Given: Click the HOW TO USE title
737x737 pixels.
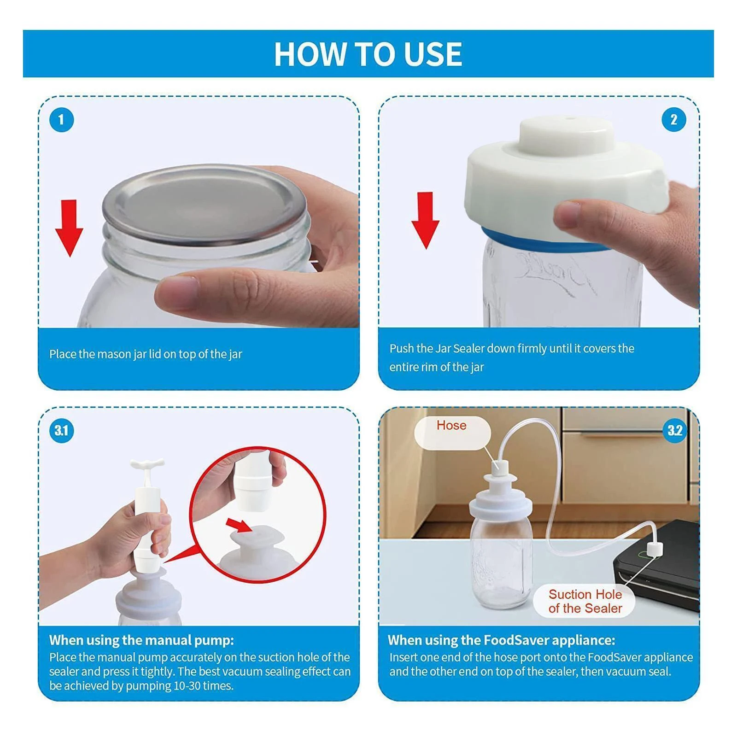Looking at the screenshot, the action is point(368,54).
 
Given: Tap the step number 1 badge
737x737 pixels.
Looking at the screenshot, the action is point(61,120).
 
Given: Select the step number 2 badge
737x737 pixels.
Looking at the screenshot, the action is point(674,120).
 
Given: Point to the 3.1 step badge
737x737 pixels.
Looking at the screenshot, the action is point(61,431).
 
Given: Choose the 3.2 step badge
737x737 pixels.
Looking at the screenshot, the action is point(674,431).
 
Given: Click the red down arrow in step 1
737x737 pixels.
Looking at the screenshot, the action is point(69,228).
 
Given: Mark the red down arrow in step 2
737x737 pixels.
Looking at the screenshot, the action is point(425,220).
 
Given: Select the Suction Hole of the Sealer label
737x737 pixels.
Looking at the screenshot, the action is point(585,601).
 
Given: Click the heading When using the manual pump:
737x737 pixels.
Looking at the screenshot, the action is point(141,640).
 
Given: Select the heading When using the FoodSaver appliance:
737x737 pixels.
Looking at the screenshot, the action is point(501,640).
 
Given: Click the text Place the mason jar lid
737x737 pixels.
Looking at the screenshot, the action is point(105,354).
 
